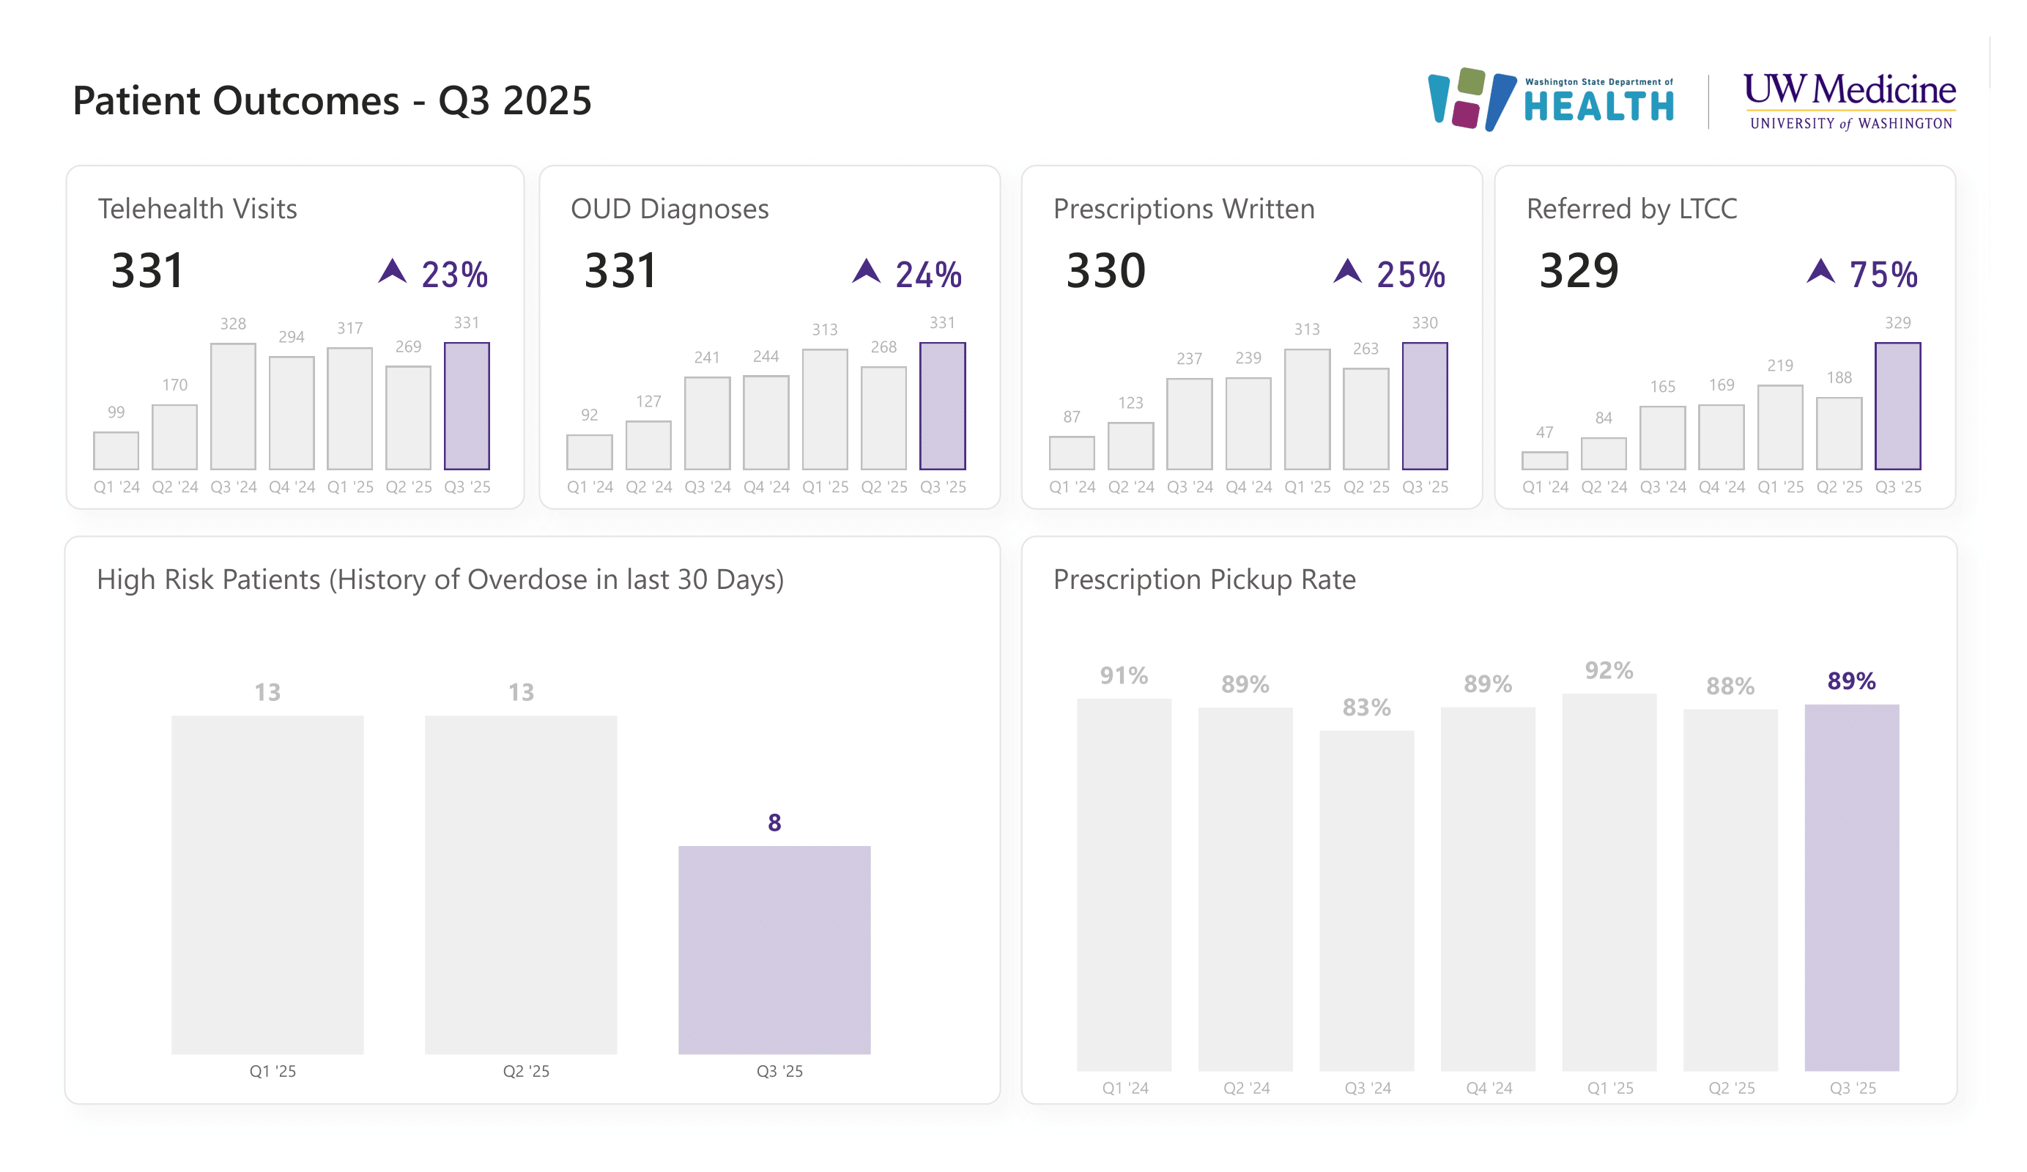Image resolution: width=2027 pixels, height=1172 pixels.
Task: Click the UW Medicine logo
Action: [1848, 100]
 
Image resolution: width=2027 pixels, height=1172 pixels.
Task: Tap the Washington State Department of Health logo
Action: [1550, 100]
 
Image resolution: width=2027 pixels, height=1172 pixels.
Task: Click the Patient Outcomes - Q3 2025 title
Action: [331, 100]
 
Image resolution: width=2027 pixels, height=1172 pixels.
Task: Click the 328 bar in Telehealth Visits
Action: [233, 407]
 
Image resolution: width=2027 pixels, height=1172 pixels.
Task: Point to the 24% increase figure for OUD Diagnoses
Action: [927, 275]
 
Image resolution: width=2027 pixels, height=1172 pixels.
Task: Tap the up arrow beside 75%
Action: [1820, 271]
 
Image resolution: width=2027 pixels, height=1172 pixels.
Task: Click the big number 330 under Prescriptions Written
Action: [1105, 270]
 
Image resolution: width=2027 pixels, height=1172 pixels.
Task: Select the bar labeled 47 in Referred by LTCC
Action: [1544, 460]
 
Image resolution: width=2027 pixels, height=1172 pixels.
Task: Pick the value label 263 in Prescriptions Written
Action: [1365, 348]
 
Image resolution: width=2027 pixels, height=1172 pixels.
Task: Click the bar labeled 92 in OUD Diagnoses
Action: [589, 451]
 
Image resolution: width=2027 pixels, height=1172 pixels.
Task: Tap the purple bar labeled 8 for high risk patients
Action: [774, 949]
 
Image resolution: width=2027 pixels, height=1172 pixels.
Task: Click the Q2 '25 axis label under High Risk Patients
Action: [525, 1071]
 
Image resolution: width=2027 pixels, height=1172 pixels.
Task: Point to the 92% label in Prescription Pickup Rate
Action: [1609, 670]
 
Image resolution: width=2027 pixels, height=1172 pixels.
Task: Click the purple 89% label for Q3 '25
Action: [1851, 680]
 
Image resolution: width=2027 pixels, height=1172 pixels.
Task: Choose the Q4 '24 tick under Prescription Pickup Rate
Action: [1489, 1088]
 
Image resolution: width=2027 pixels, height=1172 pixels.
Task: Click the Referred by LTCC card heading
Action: [1631, 208]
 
